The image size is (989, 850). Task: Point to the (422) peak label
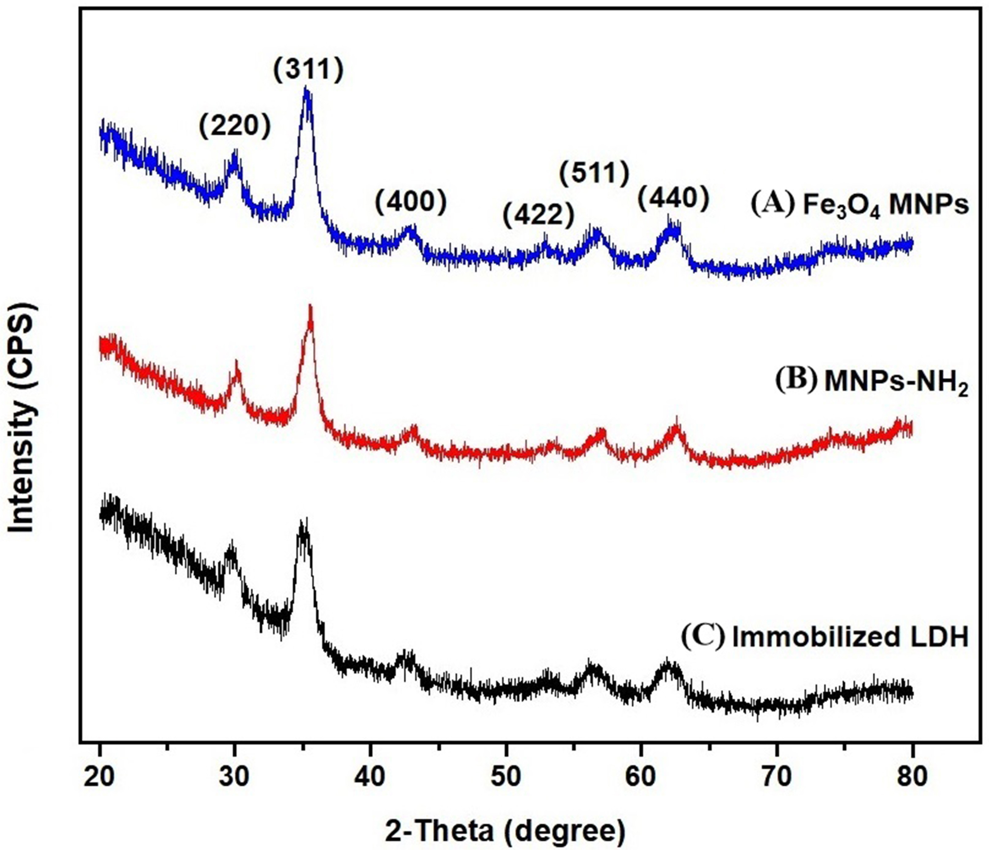pyautogui.click(x=538, y=215)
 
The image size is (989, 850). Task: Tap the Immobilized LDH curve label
pyautogui.click(x=825, y=638)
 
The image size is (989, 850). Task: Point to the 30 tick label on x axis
pyautogui.click(x=234, y=777)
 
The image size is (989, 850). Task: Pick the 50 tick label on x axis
pyautogui.click(x=505, y=777)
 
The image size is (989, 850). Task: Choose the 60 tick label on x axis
pyautogui.click(x=641, y=777)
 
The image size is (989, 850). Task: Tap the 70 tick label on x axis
pyautogui.click(x=777, y=777)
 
